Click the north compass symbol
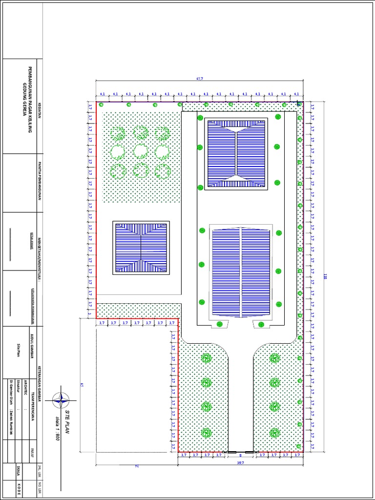click(61, 400)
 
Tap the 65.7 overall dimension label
click(199, 78)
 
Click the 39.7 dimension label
click(240, 462)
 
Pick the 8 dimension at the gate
click(240, 455)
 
